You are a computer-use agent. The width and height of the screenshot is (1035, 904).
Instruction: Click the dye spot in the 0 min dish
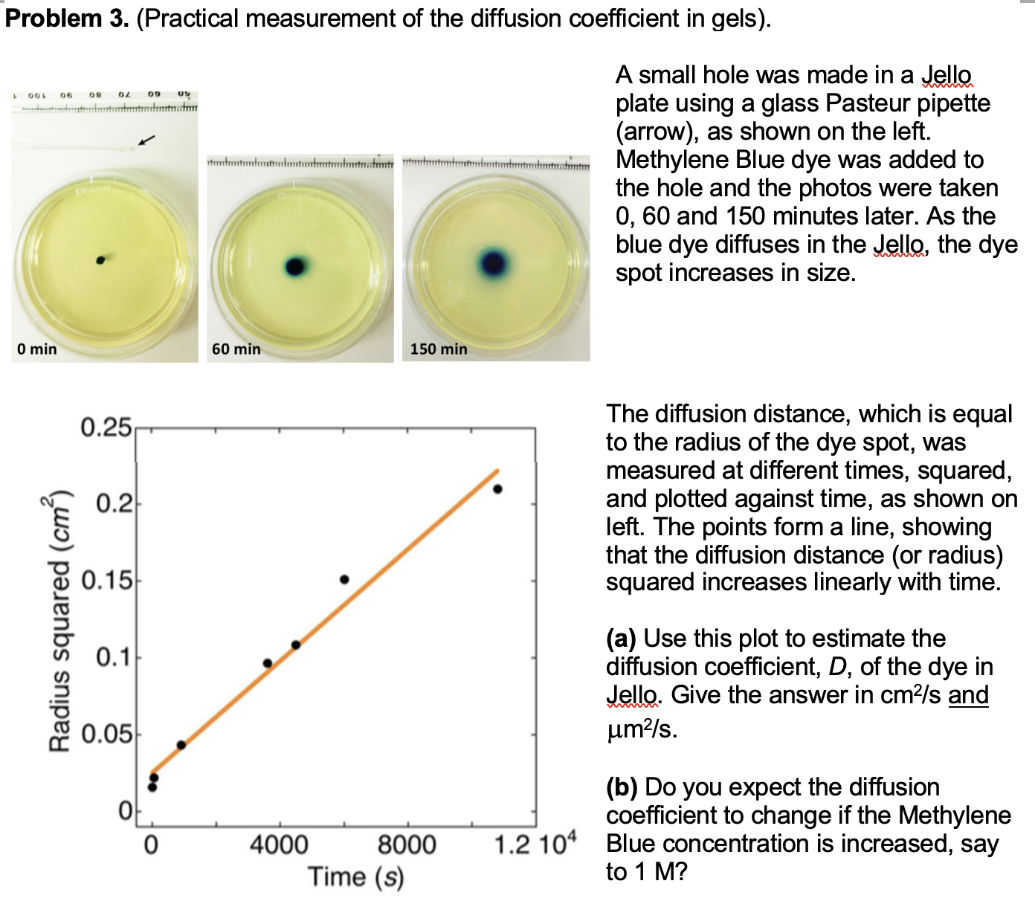tap(100, 259)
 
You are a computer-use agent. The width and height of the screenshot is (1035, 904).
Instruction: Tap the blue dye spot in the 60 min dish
tap(295, 266)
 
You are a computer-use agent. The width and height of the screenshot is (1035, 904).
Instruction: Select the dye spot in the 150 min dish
tap(493, 262)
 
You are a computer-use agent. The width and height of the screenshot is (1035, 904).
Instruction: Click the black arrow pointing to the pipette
tap(147, 139)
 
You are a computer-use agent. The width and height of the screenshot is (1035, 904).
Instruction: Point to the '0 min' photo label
tap(37, 349)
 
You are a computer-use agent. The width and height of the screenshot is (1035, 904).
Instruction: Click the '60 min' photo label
tap(236, 349)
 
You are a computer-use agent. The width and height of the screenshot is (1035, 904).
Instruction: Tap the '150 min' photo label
tap(439, 349)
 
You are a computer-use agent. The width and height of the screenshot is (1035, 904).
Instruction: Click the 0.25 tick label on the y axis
tap(106, 428)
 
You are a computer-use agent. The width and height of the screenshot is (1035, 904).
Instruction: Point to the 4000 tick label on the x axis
tap(279, 845)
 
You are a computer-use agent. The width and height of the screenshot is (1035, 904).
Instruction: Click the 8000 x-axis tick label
tap(407, 845)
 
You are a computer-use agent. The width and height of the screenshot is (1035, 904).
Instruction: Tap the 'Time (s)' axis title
tap(355, 877)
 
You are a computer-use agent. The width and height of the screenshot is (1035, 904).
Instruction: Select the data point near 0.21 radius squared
tap(497, 488)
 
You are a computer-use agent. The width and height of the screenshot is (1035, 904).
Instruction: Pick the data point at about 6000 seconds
tap(344, 579)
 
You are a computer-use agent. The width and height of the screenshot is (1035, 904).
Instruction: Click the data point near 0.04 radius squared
tap(181, 745)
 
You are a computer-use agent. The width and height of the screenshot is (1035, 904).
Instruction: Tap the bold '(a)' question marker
tap(621, 639)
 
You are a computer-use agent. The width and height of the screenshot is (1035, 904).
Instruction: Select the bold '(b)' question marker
tap(622, 787)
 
